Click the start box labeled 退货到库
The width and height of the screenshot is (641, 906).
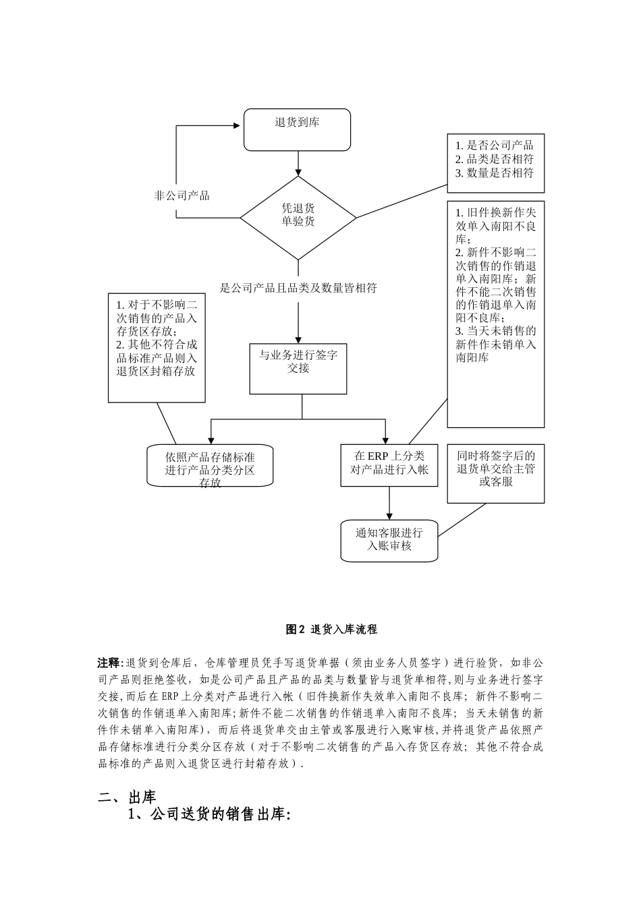click(x=297, y=129)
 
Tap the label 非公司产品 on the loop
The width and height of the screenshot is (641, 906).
click(x=182, y=195)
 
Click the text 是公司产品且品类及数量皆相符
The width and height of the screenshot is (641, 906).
click(x=298, y=288)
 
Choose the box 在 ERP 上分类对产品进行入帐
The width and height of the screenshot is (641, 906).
click(x=389, y=464)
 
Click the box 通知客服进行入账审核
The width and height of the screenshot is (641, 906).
click(x=389, y=540)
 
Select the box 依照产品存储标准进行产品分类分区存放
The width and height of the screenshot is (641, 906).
click(x=210, y=465)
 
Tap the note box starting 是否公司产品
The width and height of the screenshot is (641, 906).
click(x=495, y=163)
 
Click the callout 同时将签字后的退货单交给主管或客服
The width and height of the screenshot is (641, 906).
click(x=495, y=473)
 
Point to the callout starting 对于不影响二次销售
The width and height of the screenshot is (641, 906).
click(x=157, y=347)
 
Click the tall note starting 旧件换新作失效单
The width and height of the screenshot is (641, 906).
click(x=495, y=313)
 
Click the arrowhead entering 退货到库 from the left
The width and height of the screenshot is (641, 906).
click(x=238, y=125)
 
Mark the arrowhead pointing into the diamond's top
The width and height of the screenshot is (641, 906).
click(x=298, y=172)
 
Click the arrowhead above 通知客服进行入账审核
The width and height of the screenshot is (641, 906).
click(x=389, y=517)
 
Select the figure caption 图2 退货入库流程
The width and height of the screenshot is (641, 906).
click(x=331, y=630)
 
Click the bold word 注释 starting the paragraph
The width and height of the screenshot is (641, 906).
click(x=108, y=663)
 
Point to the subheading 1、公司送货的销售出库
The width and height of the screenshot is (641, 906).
click(x=209, y=815)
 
